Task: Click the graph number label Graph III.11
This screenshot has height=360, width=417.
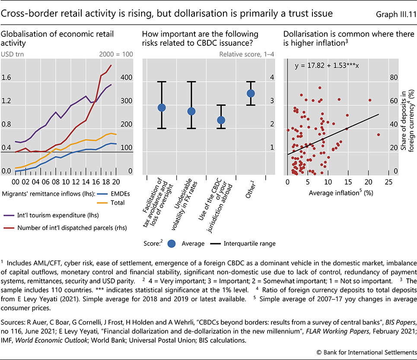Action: (x=392, y=14)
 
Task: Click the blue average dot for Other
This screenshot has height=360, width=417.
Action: (x=251, y=93)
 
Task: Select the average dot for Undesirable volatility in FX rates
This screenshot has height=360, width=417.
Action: (x=191, y=112)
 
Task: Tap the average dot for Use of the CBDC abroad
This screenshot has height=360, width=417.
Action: (x=221, y=120)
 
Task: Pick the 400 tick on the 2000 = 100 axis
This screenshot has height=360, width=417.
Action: (x=126, y=78)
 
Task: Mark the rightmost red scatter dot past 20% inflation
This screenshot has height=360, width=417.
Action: (x=379, y=134)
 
